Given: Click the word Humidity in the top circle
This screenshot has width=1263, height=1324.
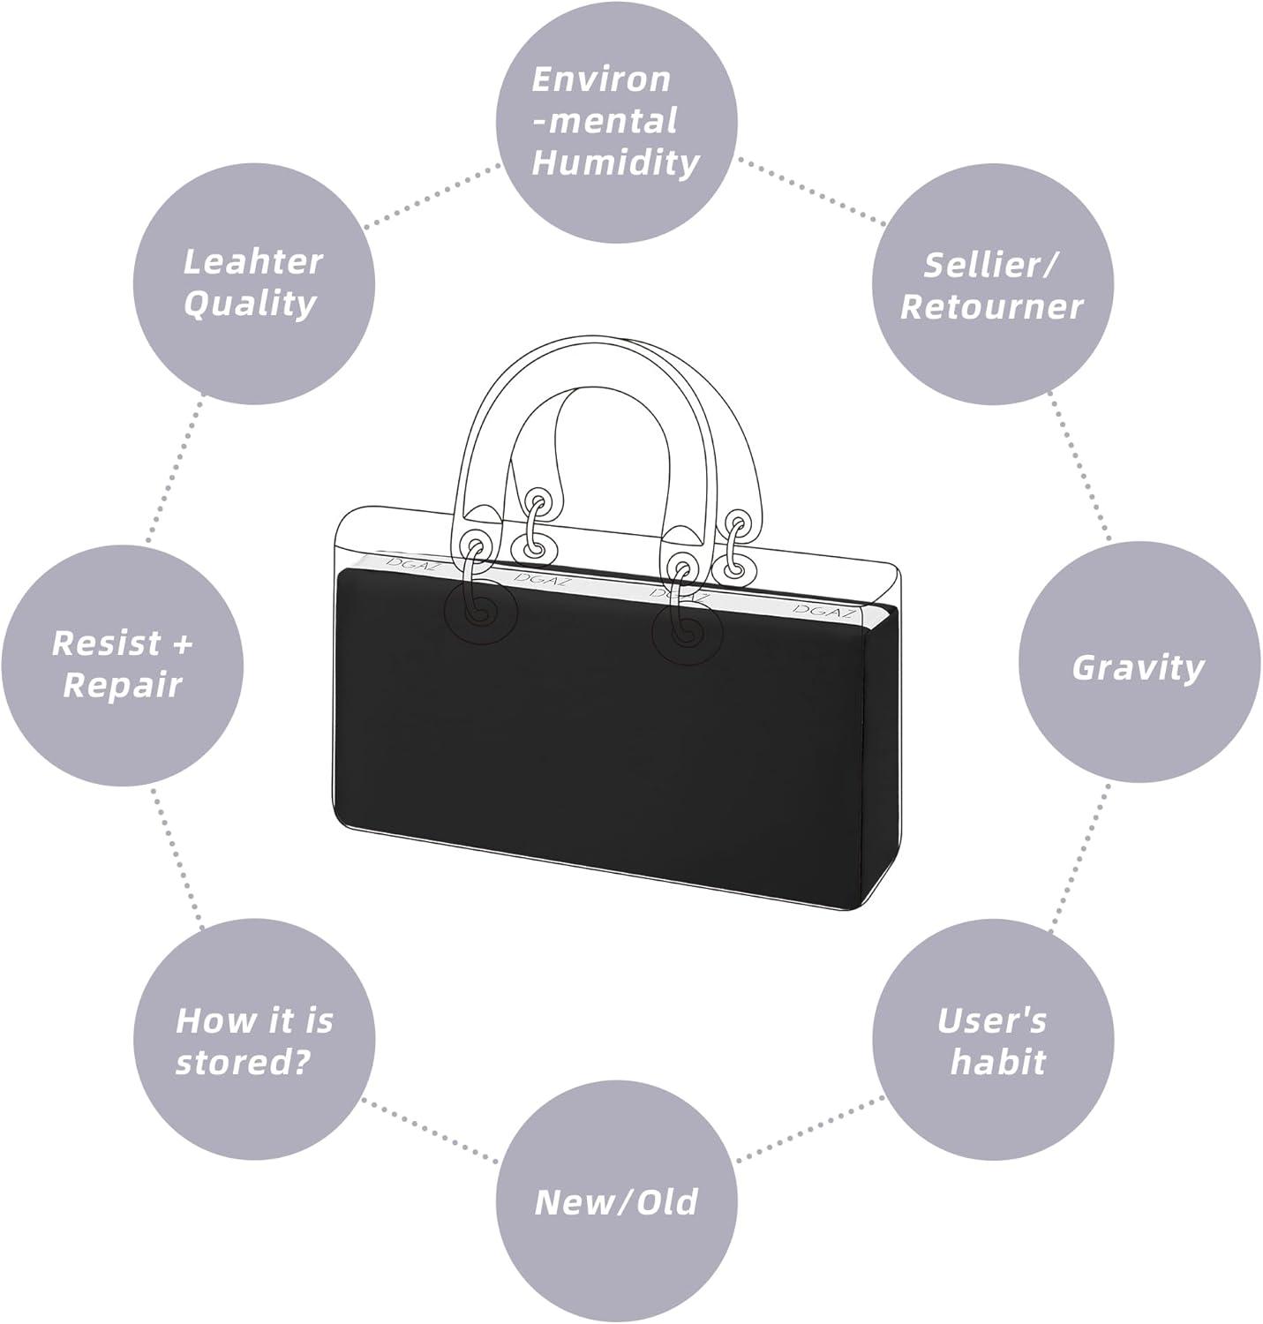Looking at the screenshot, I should (615, 162).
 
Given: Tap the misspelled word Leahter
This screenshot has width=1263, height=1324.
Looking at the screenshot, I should (252, 261).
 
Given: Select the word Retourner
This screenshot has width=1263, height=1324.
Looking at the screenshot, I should (991, 306).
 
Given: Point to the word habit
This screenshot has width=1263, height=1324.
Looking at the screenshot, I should (997, 1062).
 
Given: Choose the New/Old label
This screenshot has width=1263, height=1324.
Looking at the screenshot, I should (616, 1201).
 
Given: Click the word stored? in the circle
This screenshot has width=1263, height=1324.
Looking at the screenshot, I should (243, 1062).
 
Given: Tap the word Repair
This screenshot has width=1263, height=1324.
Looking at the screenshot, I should (122, 685).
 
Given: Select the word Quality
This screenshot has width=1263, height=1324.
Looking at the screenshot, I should (250, 303).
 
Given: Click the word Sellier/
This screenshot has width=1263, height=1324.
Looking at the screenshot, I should (991, 264).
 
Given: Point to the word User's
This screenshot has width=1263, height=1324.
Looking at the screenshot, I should (991, 1020).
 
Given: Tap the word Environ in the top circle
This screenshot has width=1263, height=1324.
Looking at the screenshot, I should (601, 79).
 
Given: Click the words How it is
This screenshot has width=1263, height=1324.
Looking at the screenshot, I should (254, 1020).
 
